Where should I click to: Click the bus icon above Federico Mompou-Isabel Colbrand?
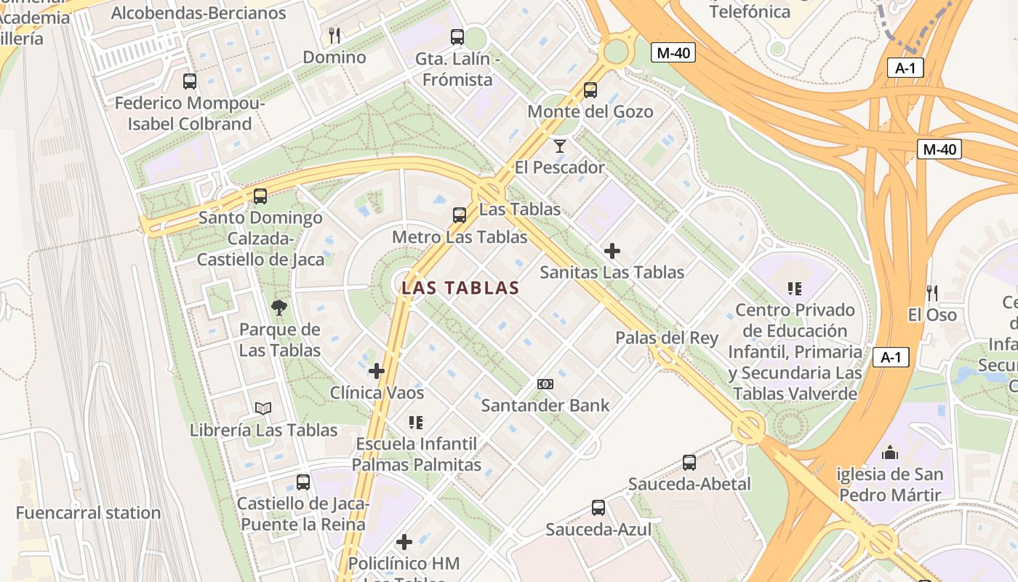[190, 81]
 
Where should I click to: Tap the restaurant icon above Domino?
[334, 35]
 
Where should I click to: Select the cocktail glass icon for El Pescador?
[559, 145]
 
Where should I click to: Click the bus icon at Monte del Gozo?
[590, 90]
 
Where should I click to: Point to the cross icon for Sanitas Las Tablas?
[612, 251]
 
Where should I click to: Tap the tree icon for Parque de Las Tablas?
[279, 308]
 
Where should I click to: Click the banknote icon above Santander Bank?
[545, 383]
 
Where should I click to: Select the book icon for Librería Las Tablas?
[263, 409]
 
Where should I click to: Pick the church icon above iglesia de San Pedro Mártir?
[890, 453]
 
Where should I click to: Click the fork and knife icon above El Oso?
[931, 292]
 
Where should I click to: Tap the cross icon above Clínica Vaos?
[377, 371]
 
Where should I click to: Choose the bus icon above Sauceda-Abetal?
[689, 462]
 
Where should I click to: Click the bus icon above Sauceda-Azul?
[598, 508]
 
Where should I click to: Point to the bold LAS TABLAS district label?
[461, 288]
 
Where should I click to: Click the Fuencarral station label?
[88, 513]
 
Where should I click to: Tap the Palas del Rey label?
[667, 338]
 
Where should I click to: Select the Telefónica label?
[750, 12]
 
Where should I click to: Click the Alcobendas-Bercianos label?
[199, 12]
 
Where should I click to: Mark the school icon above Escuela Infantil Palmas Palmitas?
[416, 422]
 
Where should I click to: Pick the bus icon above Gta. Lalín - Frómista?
[457, 36]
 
